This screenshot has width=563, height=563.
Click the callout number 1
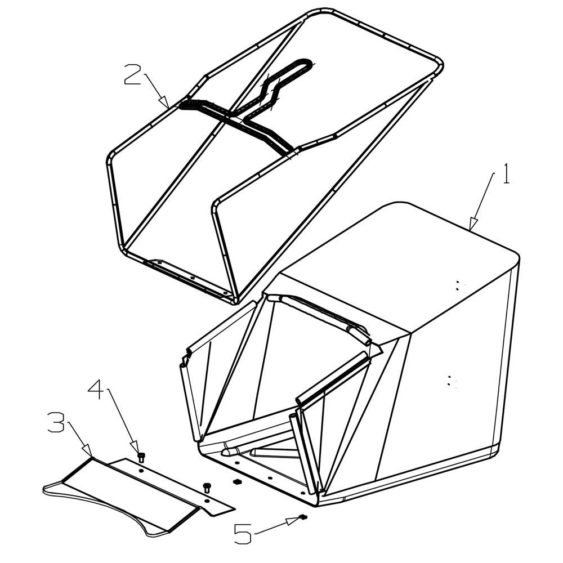coord(506,174)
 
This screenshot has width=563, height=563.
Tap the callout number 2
coord(132,74)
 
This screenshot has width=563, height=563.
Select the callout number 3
coord(56,422)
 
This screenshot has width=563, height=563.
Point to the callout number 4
coord(96,389)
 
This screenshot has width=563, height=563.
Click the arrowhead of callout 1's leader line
coord(473,224)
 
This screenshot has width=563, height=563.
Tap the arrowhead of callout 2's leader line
coord(165,102)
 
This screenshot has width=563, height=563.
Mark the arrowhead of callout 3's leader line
coord(88,452)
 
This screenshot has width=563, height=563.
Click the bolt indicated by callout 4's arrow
coord(141,457)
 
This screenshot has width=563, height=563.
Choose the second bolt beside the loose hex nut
coord(206,488)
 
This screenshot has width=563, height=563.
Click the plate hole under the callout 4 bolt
coord(141,470)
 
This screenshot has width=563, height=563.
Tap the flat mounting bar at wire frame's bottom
coord(190,278)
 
